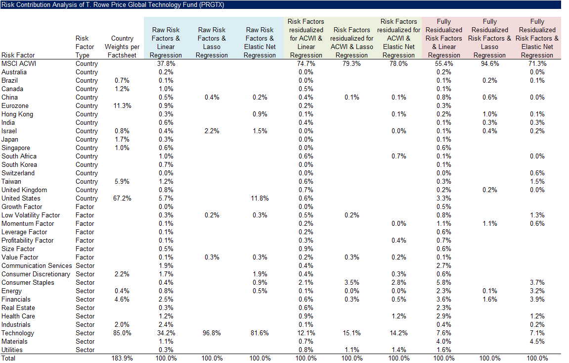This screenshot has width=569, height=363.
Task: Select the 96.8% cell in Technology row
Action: coord(212,333)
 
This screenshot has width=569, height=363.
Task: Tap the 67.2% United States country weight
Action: coord(122,198)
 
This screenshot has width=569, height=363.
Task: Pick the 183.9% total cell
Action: coord(122,358)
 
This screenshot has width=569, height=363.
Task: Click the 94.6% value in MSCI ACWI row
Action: coord(490,63)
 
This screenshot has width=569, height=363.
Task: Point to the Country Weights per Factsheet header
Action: coord(122,47)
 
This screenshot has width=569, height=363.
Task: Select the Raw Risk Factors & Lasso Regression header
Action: coord(212,42)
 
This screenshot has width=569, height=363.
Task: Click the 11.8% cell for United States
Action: coord(260,198)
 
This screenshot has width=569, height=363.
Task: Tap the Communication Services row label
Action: coord(37,265)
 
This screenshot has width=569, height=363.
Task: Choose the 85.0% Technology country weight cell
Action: coord(122,333)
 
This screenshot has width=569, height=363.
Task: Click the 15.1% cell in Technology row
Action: coord(352,333)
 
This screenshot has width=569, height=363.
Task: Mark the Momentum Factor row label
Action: coord(28,223)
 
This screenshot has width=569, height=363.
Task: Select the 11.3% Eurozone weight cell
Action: coord(122,105)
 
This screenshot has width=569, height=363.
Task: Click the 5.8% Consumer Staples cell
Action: coord(444,282)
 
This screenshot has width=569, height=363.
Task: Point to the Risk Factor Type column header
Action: coord(85,47)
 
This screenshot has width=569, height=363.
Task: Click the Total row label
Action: coord(8,358)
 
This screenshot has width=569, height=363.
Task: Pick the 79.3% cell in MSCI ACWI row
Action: coord(352,63)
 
